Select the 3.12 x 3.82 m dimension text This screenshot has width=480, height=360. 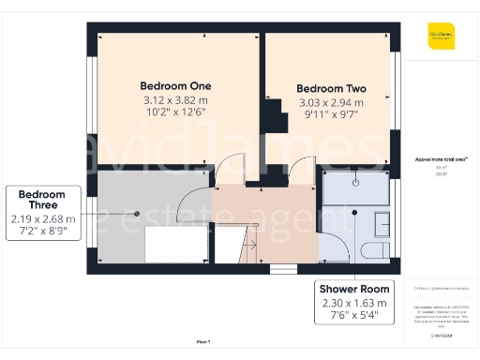pos(175,99)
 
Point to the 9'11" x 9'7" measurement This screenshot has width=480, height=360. pos(330,116)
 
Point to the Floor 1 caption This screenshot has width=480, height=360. pos(203,341)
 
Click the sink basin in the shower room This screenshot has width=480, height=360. pos(383,224)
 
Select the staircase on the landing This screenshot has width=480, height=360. pos(249,248)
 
